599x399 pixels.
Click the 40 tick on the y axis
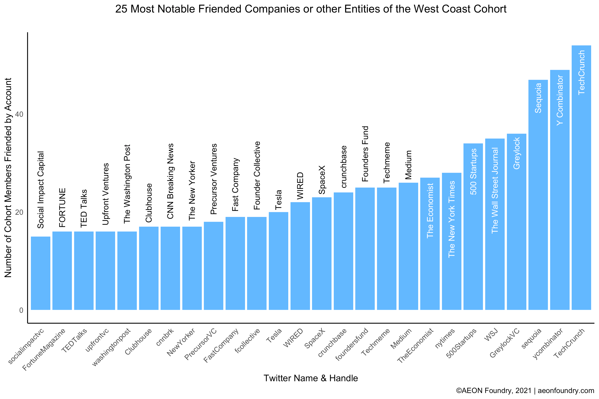[19, 114]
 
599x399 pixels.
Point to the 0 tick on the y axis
[21, 310]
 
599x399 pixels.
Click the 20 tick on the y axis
[19, 212]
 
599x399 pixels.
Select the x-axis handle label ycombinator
[548, 343]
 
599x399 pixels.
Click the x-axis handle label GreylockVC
[505, 343]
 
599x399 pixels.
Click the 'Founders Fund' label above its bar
[365, 154]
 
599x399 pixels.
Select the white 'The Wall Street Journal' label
[495, 190]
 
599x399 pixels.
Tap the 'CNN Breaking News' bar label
[170, 181]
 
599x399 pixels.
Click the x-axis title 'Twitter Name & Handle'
[311, 378]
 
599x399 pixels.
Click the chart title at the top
[311, 9]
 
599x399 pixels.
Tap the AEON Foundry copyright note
[525, 391]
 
